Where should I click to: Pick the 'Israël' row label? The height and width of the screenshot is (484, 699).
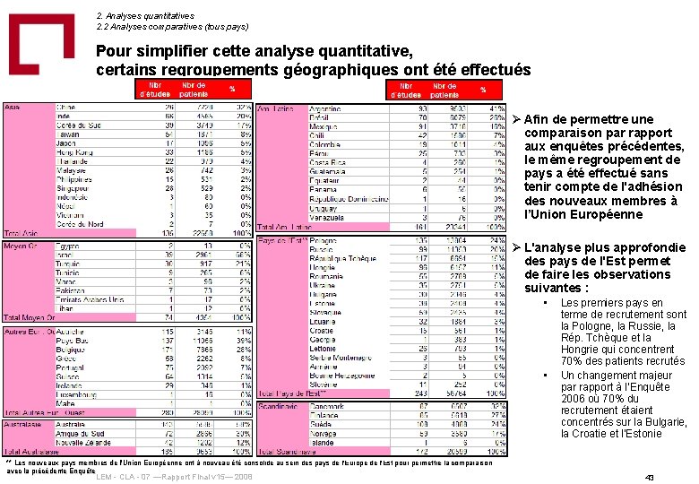(x=65, y=255)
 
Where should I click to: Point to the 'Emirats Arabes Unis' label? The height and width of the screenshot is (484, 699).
(x=91, y=299)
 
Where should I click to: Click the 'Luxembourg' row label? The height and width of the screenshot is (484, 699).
(x=77, y=393)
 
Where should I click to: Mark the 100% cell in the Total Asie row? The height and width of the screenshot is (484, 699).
(x=243, y=233)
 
